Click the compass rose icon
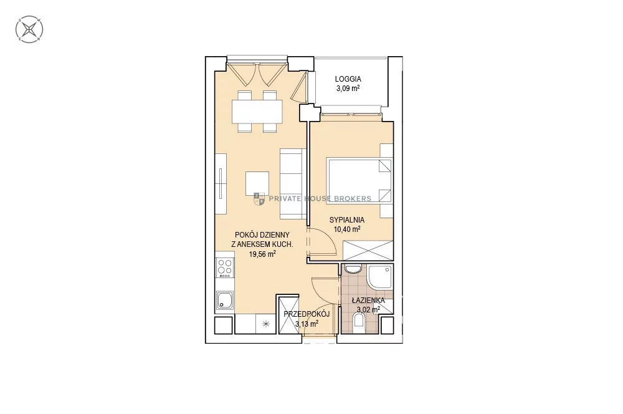(x=29, y=29)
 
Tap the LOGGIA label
(x=348, y=79)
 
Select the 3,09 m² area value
(x=348, y=89)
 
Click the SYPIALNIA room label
(x=347, y=220)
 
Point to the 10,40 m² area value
(x=347, y=229)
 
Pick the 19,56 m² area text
(x=262, y=254)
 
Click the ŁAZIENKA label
(x=368, y=301)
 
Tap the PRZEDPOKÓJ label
(x=307, y=314)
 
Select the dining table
(x=257, y=112)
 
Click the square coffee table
(x=257, y=183)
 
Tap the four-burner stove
(x=225, y=267)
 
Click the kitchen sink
(x=225, y=300)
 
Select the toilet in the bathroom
(x=359, y=320)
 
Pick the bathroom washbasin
(x=353, y=269)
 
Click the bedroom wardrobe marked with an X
(x=368, y=251)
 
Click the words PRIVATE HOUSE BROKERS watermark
(x=320, y=198)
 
